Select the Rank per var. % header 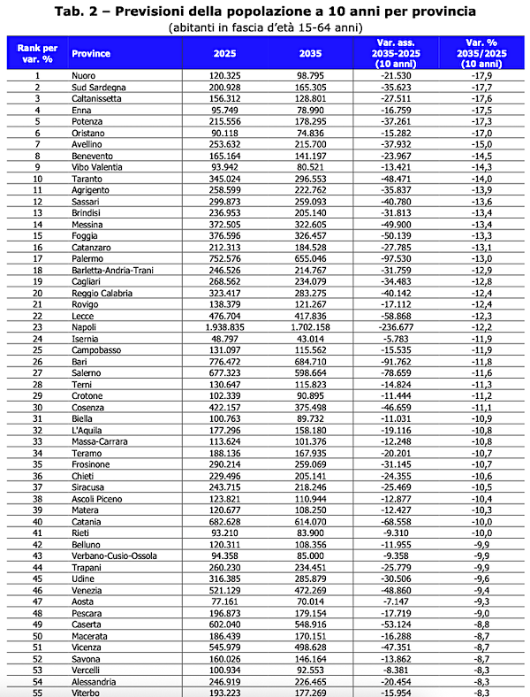tap(38, 53)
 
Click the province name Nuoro tap(84, 75)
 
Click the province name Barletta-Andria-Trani tap(111, 270)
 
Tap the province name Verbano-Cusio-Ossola tap(111, 556)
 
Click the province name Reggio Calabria tap(102, 293)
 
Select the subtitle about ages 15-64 tap(264, 28)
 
